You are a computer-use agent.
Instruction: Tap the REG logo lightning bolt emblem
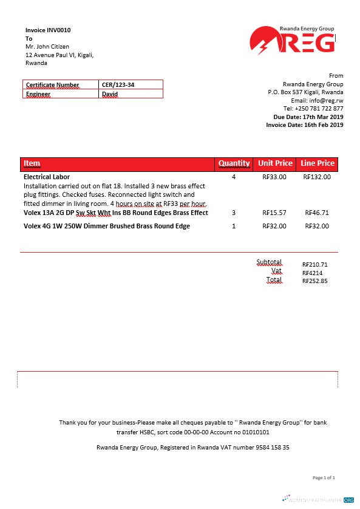(263, 44)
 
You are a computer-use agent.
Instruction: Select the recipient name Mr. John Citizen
(47, 47)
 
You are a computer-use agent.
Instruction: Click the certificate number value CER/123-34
(118, 84)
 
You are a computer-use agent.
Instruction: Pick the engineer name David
(110, 94)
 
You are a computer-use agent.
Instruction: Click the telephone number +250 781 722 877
(322, 108)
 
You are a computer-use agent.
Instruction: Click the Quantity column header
(234, 163)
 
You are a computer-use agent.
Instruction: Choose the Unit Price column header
(275, 163)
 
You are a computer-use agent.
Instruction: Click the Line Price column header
(317, 163)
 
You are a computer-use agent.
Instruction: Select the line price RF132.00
(316, 177)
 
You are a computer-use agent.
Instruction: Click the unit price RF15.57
(274, 213)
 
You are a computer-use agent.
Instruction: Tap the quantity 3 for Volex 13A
(234, 213)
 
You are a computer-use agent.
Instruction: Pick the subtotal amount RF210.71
(314, 265)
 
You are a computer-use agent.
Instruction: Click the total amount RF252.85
(314, 281)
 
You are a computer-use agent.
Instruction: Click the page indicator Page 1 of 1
(324, 478)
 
